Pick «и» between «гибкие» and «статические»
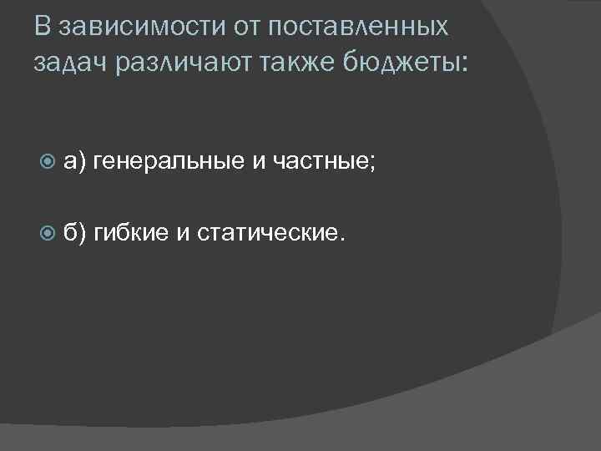[x=183, y=233]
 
